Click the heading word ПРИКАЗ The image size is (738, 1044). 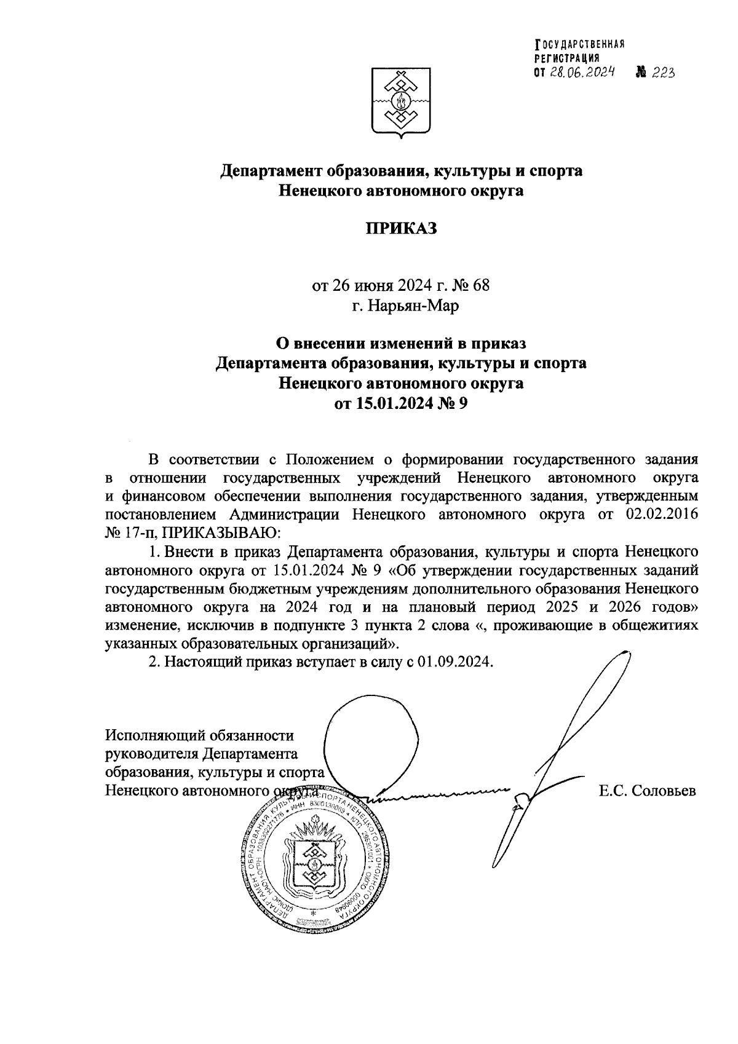point(401,229)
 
